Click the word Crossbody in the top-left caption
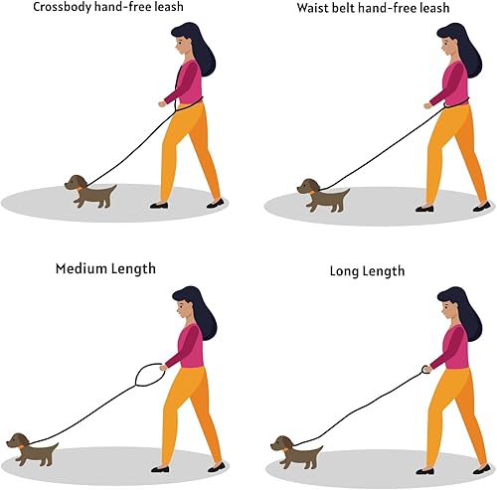(39, 8)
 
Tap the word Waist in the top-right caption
(317, 8)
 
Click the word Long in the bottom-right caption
(345, 271)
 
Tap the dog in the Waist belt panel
(323, 195)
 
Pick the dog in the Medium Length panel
(32, 449)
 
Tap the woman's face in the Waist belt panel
(443, 45)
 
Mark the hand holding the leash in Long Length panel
(425, 368)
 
